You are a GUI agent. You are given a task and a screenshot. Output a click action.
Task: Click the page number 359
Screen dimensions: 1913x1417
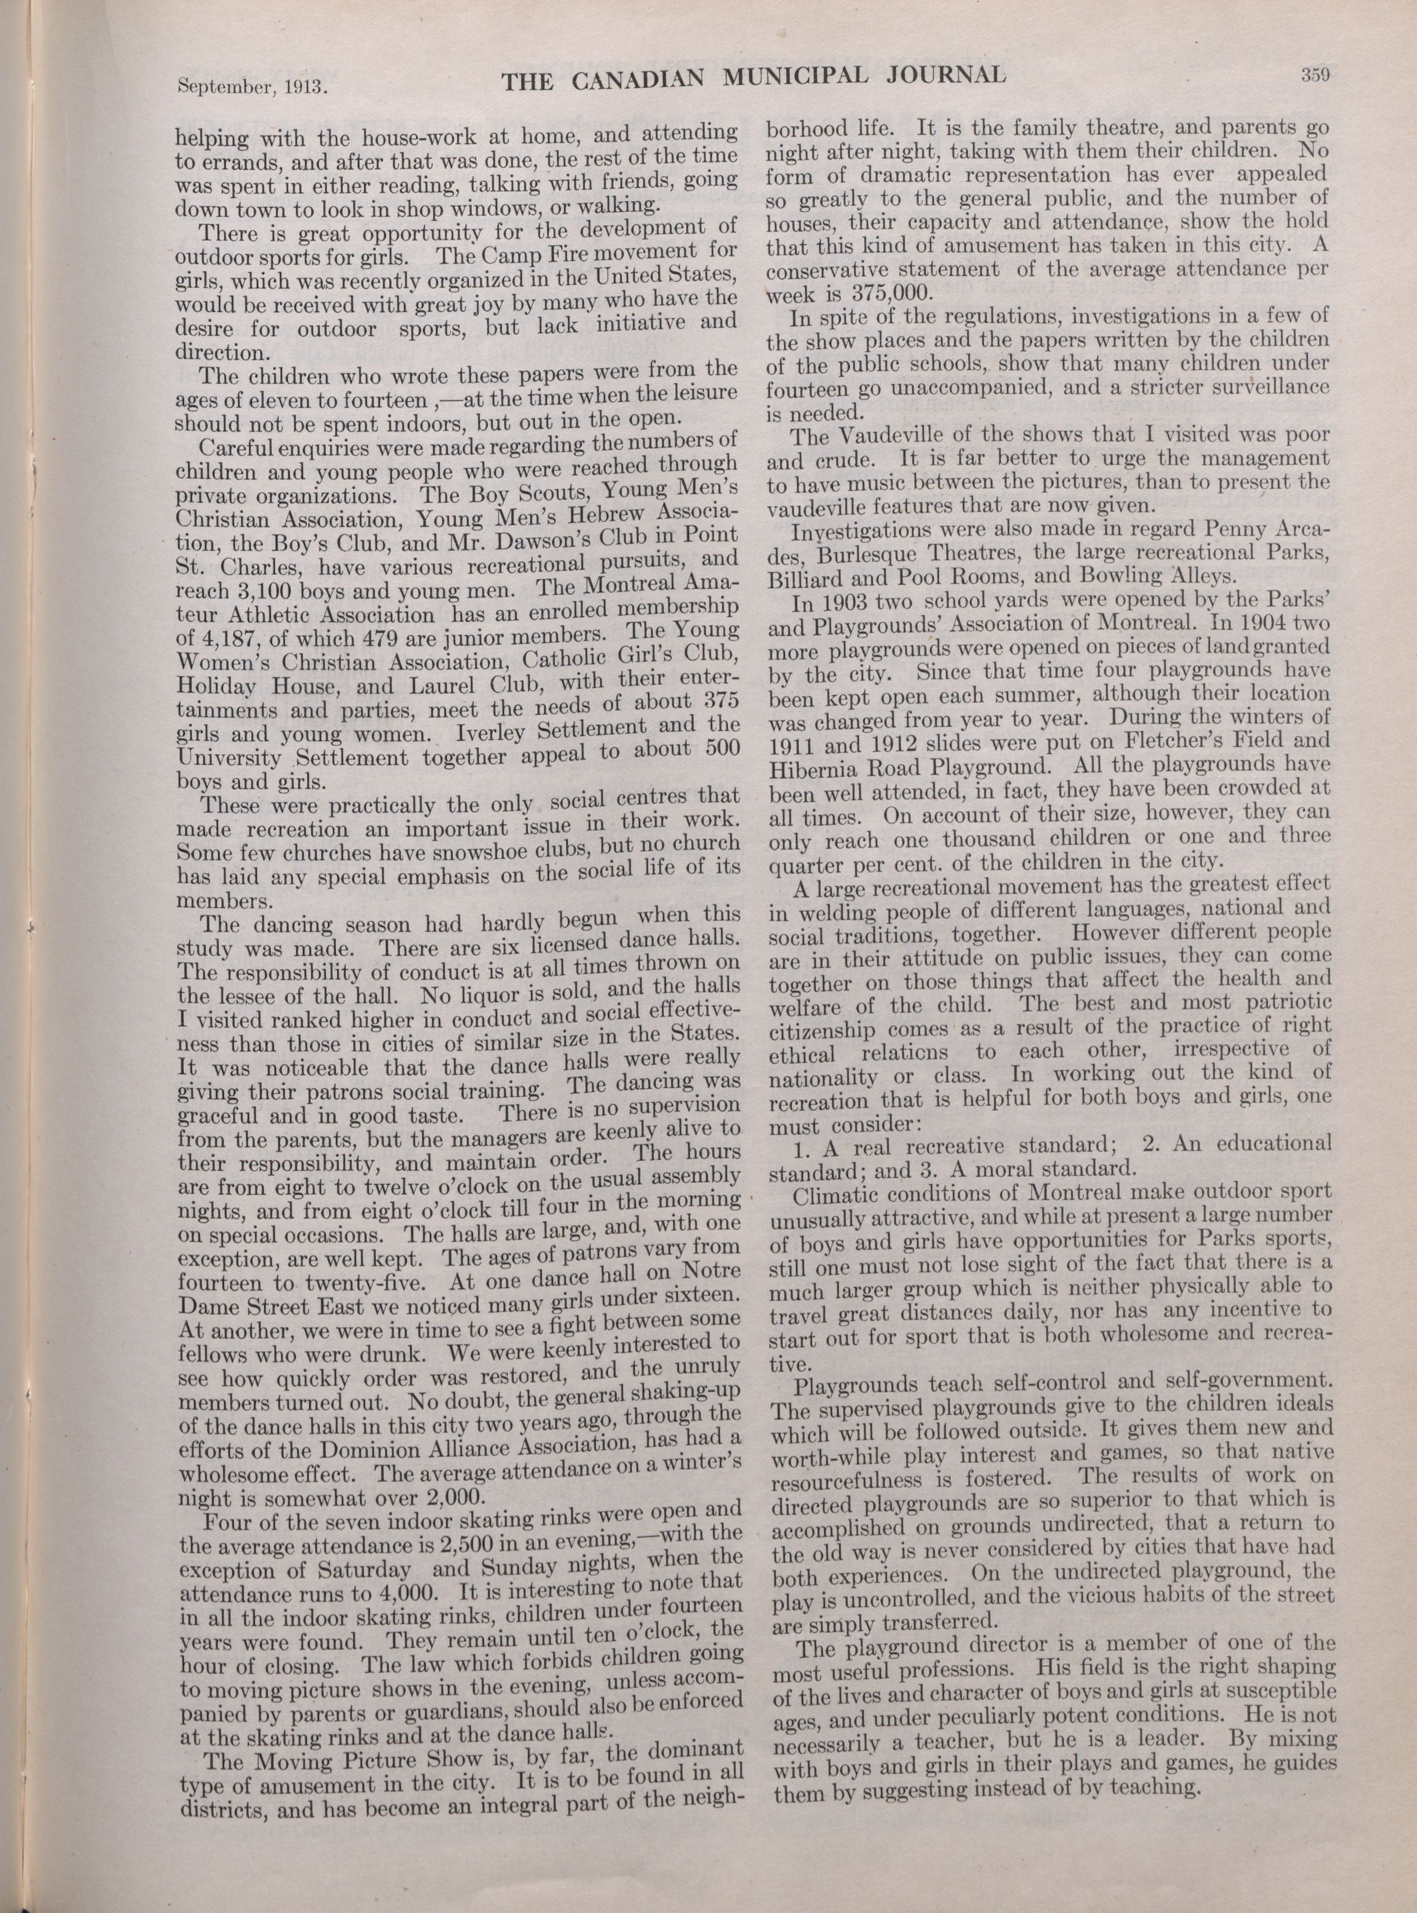(1313, 75)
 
